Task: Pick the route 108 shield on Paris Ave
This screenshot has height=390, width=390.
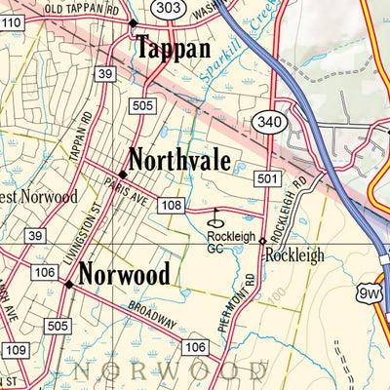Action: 172,205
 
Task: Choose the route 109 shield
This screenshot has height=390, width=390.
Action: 15,349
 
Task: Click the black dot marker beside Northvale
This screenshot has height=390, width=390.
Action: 122,173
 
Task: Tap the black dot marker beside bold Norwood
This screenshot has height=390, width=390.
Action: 68,285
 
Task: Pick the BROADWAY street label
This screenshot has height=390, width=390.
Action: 151,316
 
